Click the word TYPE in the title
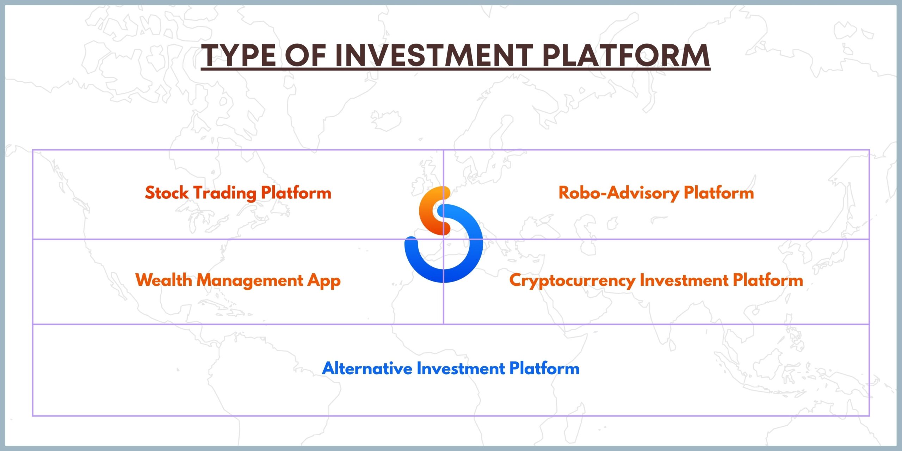tap(239, 55)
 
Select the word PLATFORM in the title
tap(626, 55)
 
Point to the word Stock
tap(167, 193)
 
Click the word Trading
tap(225, 193)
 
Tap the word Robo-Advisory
tap(619, 193)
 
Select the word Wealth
tap(163, 280)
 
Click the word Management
tap(249, 281)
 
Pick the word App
tap(324, 281)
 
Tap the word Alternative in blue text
tap(367, 368)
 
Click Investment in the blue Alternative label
tap(461, 368)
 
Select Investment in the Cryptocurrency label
tap(684, 280)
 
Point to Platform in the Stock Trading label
tap(296, 193)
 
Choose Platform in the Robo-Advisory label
tap(719, 193)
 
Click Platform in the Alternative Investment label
tap(544, 368)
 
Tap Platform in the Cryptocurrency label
tap(768, 280)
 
